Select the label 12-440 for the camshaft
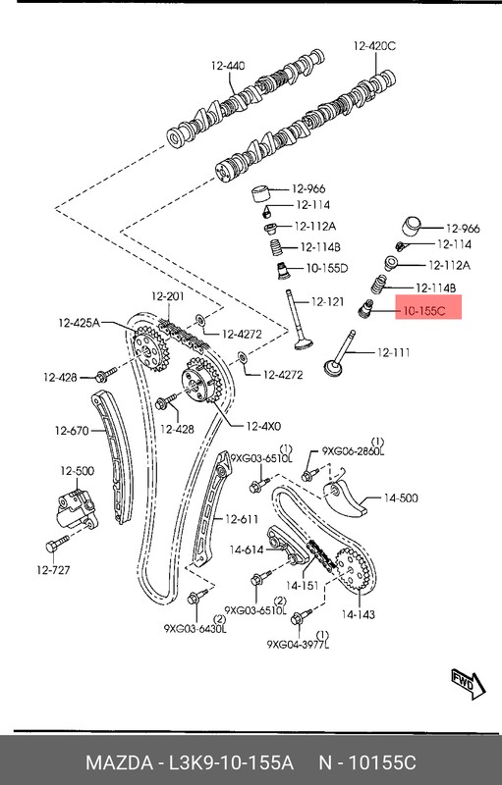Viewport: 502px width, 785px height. pos(226,65)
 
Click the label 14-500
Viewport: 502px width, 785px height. pos(401,498)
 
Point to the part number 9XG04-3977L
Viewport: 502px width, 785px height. pos(299,645)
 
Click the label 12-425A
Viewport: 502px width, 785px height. pos(78,321)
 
